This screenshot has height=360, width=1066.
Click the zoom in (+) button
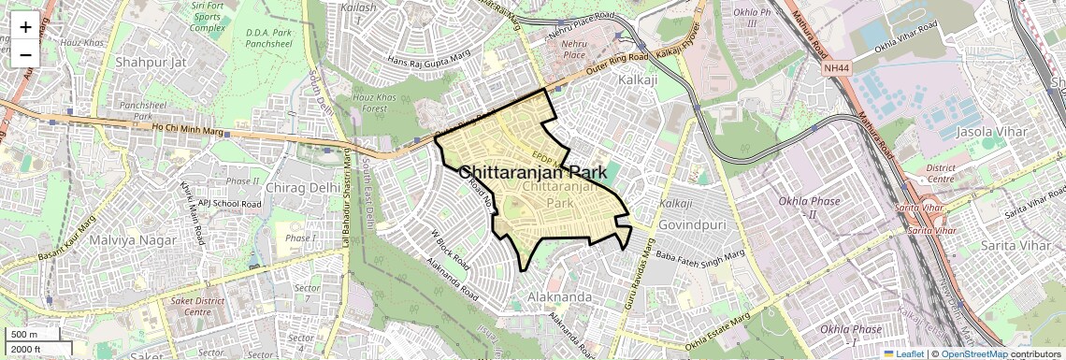25,27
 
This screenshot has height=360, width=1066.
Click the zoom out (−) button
25,54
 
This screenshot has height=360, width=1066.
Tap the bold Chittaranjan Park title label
532,173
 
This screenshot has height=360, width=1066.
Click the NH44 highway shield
836,68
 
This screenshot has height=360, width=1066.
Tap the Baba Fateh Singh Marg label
699,254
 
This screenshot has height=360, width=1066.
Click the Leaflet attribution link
905,353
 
